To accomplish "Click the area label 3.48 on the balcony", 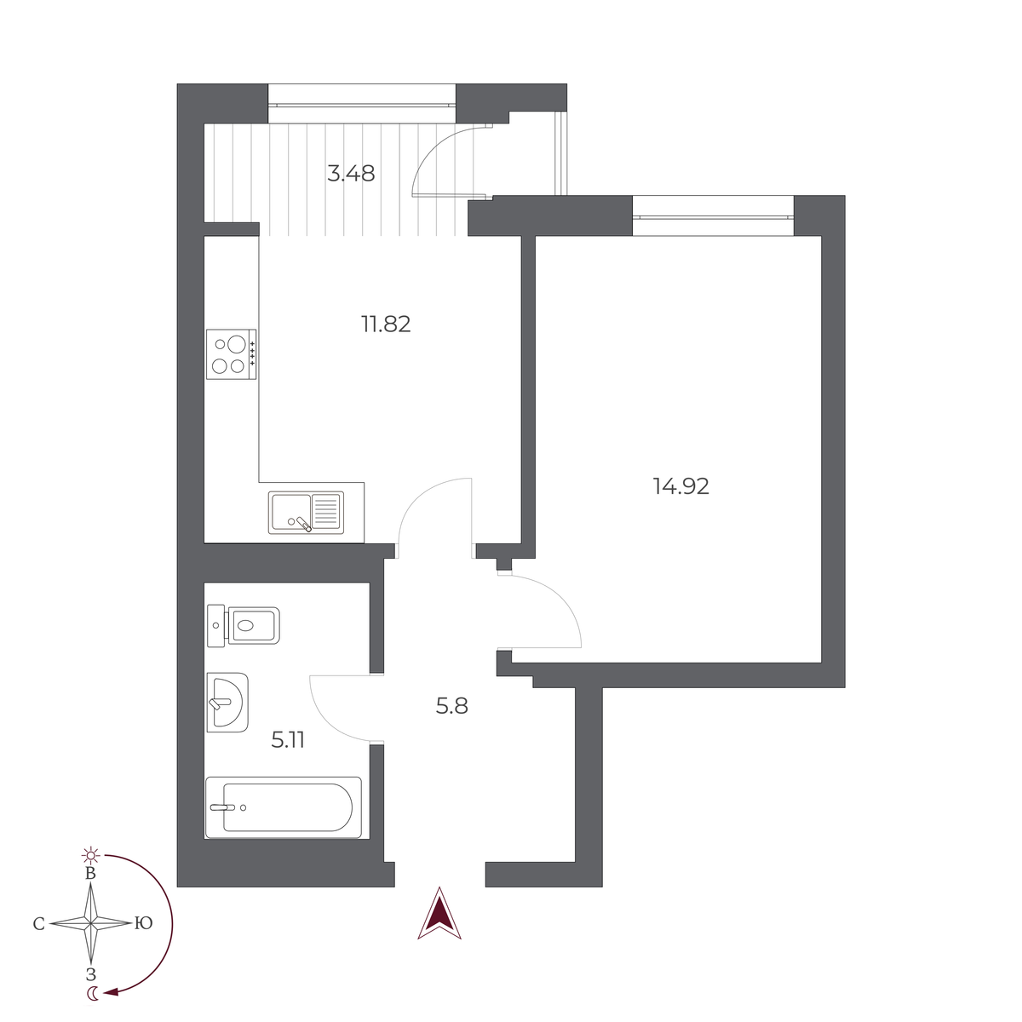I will coord(351,174).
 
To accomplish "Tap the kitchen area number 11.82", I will coord(386,324).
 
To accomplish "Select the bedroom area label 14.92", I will coord(680,486).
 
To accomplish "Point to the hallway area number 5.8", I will coord(451,706).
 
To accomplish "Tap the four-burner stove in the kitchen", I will coord(232,354).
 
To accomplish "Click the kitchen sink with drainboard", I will coord(306,513).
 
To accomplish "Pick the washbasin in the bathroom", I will coord(227,703).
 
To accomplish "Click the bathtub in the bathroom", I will coord(284,807).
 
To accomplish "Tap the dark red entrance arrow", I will coord(439,915).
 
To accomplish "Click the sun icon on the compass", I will coord(90,854).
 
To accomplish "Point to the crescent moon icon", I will coord(92,993).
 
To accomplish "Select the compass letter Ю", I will coord(143,923).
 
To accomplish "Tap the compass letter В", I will coord(90,874).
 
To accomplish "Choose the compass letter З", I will coord(90,974).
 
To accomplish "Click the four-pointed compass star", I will coord(91,923).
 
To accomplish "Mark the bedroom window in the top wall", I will coord(713,215).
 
